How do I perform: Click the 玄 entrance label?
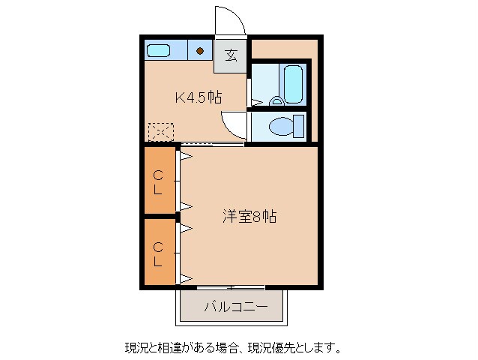point(232,54)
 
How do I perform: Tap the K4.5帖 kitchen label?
point(198,97)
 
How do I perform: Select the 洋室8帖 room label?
point(249,217)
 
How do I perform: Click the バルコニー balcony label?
point(232,306)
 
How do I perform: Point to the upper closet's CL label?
point(158,183)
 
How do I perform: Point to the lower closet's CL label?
point(158,254)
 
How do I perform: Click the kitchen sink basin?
point(159,51)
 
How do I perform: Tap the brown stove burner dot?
point(201,51)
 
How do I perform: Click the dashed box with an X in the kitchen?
point(160,132)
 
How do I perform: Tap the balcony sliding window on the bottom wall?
point(231,287)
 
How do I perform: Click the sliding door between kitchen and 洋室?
point(213,143)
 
